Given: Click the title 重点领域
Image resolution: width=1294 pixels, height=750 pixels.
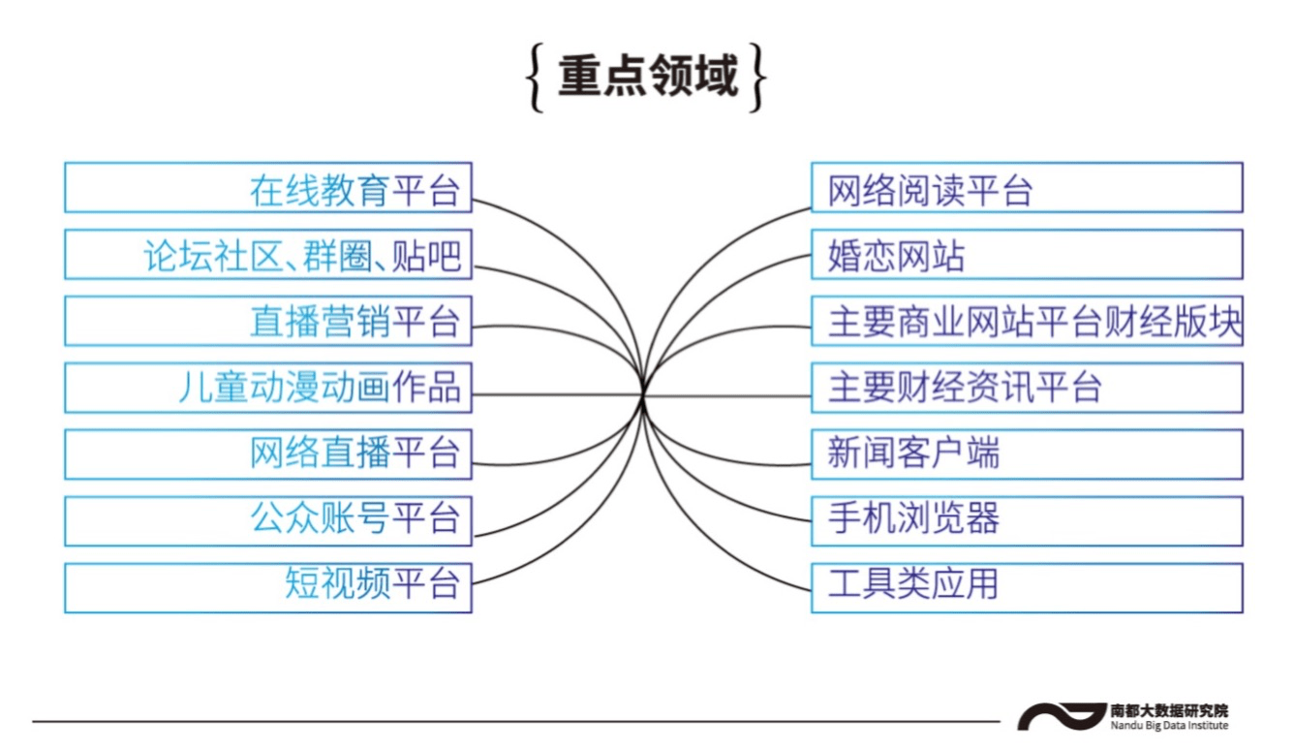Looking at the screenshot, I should [647, 78].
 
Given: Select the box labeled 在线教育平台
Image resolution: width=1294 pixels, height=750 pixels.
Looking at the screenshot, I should [268, 188].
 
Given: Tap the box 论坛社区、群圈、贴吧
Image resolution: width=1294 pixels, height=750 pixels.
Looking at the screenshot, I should [268, 255].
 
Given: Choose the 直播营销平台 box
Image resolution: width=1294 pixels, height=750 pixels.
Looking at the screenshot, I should [268, 322].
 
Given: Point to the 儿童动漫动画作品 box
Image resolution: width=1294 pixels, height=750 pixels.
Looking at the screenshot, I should [268, 388].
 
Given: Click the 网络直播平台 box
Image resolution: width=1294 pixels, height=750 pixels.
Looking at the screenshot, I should [268, 454].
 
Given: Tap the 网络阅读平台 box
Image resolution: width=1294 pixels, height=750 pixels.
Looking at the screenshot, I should [1027, 188].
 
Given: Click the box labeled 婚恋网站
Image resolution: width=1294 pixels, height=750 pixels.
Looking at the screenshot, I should [1027, 255].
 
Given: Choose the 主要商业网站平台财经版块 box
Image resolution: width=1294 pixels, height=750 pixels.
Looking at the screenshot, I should [1027, 322].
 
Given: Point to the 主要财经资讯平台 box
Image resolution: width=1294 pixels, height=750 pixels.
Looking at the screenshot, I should [1027, 388].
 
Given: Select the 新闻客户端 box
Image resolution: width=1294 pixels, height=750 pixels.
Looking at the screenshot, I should [1027, 454].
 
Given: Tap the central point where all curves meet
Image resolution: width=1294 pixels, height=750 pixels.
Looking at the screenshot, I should [643, 393].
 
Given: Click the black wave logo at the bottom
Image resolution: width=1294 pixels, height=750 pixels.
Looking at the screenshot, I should [1062, 717].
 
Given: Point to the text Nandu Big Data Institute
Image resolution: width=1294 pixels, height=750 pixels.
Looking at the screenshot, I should [1169, 726].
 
